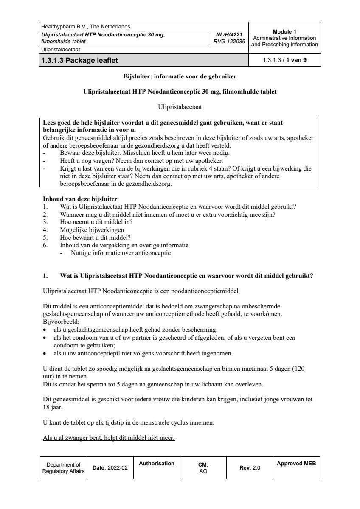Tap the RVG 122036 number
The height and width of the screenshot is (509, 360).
point(230,42)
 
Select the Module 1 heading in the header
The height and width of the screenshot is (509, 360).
point(284,31)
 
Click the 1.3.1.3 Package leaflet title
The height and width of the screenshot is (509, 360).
point(79,60)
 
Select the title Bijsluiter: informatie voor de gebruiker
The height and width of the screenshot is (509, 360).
point(180,77)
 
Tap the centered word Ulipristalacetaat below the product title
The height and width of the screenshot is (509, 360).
point(180,107)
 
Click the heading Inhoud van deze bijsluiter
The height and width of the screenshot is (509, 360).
point(80,199)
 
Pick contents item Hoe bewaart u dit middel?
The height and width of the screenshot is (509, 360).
point(95,238)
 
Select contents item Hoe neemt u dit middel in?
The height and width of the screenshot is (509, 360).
point(96,222)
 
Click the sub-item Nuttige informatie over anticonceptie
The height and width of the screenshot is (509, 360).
point(121,253)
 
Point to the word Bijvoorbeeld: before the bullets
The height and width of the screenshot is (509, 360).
point(58,322)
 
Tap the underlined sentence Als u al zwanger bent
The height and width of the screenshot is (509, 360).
point(109,438)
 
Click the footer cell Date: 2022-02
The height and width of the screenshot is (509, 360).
point(110,468)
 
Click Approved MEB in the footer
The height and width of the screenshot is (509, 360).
point(296,464)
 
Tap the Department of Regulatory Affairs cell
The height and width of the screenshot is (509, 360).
point(63,468)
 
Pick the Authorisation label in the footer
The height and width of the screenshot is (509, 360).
point(157,464)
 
